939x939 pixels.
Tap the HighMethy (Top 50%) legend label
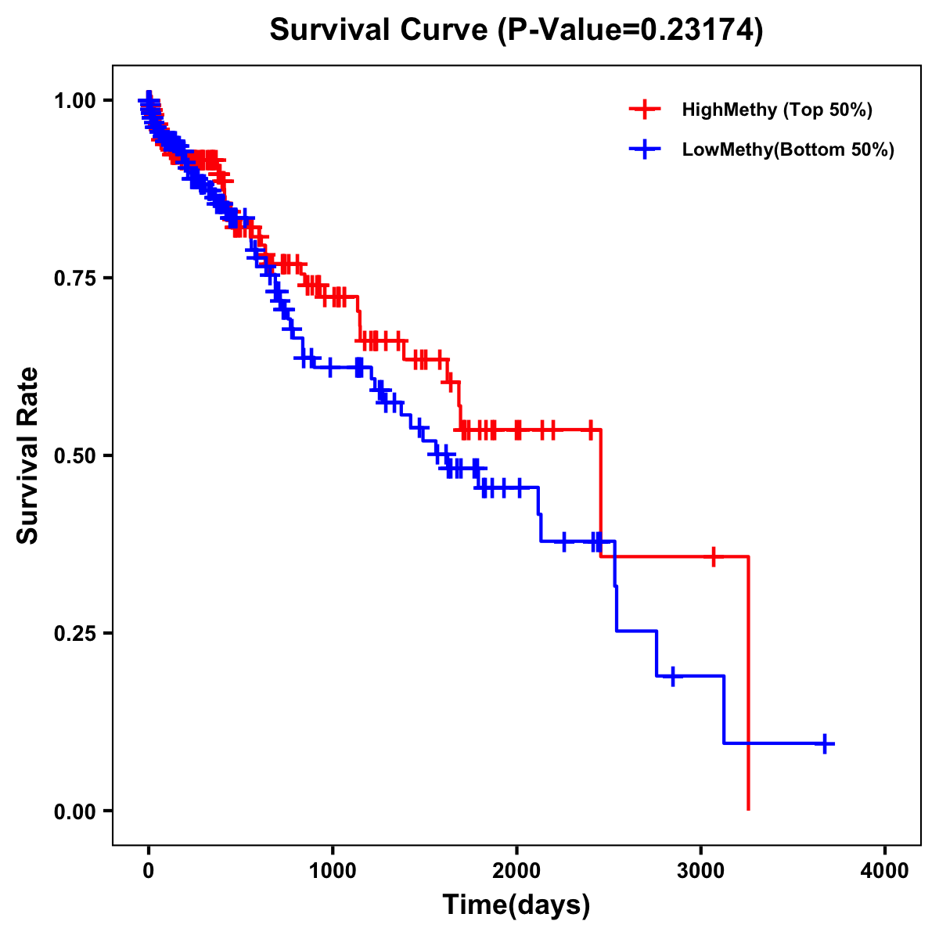[777, 110]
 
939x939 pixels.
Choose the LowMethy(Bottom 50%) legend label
[788, 149]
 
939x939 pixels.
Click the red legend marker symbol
[645, 110]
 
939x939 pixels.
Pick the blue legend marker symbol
[645, 149]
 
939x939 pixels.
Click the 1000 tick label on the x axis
[333, 871]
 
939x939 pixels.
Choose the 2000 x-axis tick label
[516, 871]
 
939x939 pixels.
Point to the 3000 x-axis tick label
[701, 871]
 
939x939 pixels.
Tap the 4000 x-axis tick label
[885, 871]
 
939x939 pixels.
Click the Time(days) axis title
[516, 905]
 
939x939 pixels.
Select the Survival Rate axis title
[28, 455]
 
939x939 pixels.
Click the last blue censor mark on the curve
[825, 743]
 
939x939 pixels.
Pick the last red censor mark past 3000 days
[713, 557]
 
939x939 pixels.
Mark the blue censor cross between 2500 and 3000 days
[672, 676]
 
